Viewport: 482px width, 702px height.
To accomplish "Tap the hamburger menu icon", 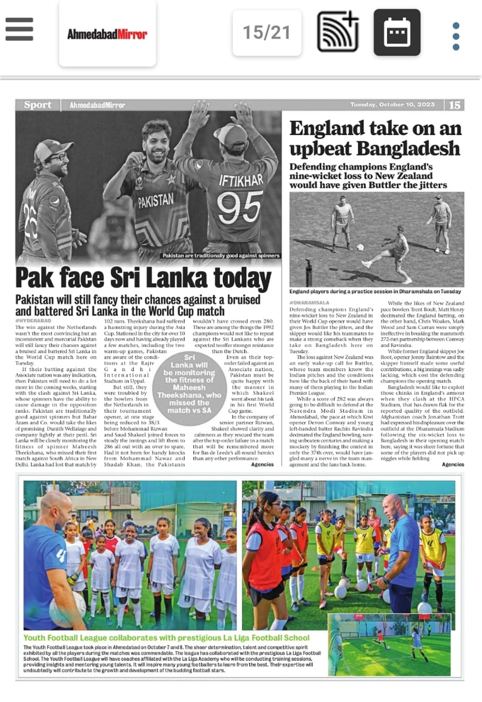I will click(x=19, y=30).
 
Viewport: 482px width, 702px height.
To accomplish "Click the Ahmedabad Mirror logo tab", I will click(x=107, y=34).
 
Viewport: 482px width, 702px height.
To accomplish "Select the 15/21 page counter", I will click(x=266, y=33).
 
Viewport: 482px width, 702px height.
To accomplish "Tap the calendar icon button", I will click(x=397, y=33).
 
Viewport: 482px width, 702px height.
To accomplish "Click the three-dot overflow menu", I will click(x=455, y=36).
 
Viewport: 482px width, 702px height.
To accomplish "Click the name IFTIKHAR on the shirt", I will click(x=241, y=180).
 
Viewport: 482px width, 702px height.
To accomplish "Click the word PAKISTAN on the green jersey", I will click(x=156, y=200).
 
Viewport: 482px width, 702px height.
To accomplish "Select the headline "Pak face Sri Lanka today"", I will click(x=143, y=278).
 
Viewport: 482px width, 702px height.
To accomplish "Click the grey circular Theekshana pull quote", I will click(x=189, y=384).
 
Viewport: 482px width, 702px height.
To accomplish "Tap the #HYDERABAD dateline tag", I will click(x=34, y=321).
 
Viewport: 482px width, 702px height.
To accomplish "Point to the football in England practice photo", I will click(x=360, y=247).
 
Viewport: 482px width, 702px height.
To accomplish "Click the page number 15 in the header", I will click(x=454, y=105).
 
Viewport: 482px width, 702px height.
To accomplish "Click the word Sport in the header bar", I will click(x=37, y=105).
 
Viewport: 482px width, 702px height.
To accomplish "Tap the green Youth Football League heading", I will click(x=166, y=638).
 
